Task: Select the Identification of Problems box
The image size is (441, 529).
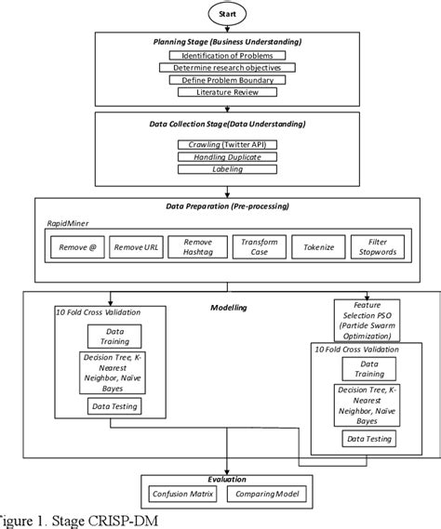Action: (x=220, y=56)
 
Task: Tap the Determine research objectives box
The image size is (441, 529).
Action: (x=220, y=68)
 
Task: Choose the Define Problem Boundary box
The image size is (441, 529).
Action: (x=220, y=80)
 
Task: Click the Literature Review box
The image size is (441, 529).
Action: (x=220, y=92)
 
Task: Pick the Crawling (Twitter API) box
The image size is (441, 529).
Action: (x=220, y=144)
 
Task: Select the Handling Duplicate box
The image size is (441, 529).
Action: (x=220, y=157)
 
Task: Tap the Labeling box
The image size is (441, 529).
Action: (x=220, y=170)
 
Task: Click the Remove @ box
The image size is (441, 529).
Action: (x=76, y=247)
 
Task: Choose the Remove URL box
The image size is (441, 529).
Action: (x=137, y=247)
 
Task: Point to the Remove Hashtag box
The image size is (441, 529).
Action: (x=197, y=247)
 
